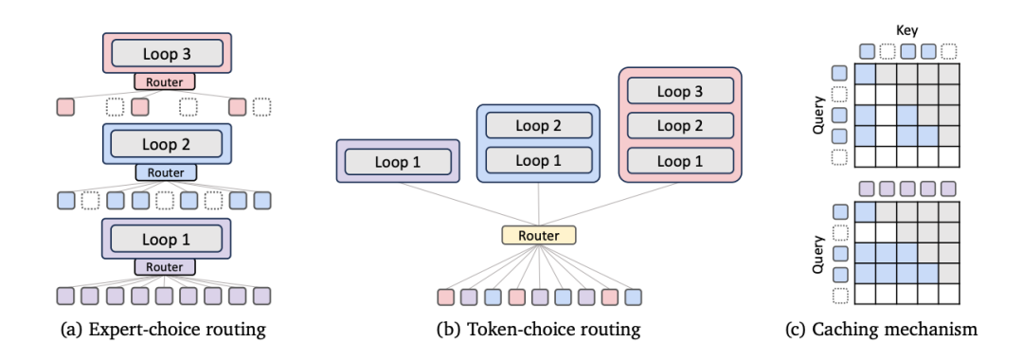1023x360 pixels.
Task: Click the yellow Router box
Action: [x=539, y=236]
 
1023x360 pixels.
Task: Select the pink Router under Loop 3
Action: [x=165, y=81]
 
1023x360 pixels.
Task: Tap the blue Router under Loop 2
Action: [x=165, y=172]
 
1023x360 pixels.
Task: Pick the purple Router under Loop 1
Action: [x=165, y=266]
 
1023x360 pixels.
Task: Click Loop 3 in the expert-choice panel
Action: [x=167, y=53]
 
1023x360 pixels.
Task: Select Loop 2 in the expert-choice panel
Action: [x=167, y=143]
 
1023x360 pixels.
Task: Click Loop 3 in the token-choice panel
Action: [x=680, y=91]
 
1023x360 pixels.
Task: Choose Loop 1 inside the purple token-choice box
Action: [x=398, y=161]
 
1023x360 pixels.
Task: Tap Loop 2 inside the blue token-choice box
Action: [x=539, y=124]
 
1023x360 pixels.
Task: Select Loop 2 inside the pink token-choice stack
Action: [x=680, y=126]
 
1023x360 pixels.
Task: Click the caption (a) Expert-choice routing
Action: [x=163, y=330]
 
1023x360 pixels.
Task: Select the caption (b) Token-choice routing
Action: [x=538, y=330]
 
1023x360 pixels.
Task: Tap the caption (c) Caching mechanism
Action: [x=882, y=330]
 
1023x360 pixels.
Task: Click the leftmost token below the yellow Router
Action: [x=446, y=297]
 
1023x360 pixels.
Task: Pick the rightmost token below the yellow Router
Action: [x=633, y=297]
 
